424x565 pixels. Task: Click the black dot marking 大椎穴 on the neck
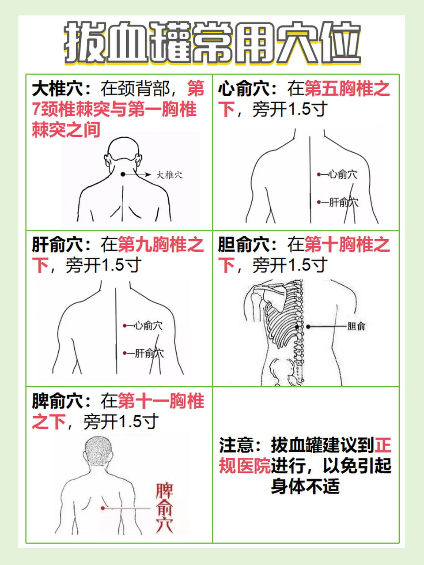123,174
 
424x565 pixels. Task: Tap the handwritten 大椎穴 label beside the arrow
170,175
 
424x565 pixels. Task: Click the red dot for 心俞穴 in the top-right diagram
318,174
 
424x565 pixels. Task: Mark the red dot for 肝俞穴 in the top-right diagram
318,202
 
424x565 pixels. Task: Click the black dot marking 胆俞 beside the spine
308,327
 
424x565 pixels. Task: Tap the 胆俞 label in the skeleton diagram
356,327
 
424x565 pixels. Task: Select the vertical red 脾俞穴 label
164,508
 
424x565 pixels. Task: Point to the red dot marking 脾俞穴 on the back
103,508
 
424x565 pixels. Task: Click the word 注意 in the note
236,445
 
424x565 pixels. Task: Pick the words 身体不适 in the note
305,486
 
